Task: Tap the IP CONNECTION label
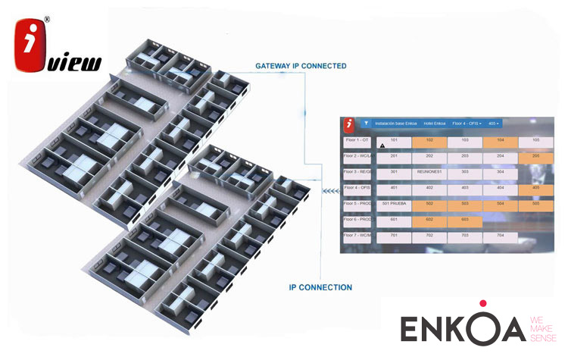pos(320,288)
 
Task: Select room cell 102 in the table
pos(429,141)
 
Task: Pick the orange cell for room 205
pos(536,156)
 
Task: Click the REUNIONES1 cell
pos(429,172)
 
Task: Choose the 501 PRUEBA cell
pos(394,204)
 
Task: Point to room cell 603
pos(464,220)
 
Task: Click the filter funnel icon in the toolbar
pos(366,123)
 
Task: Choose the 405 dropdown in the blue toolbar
pos(495,123)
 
